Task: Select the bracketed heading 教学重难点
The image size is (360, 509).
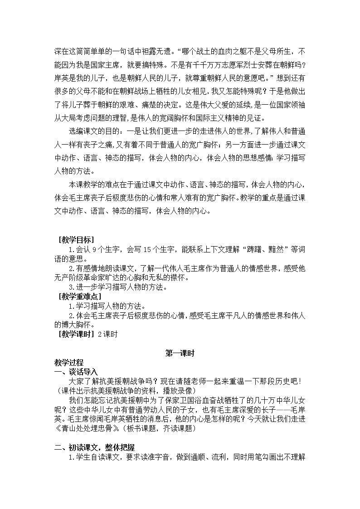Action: point(78,296)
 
